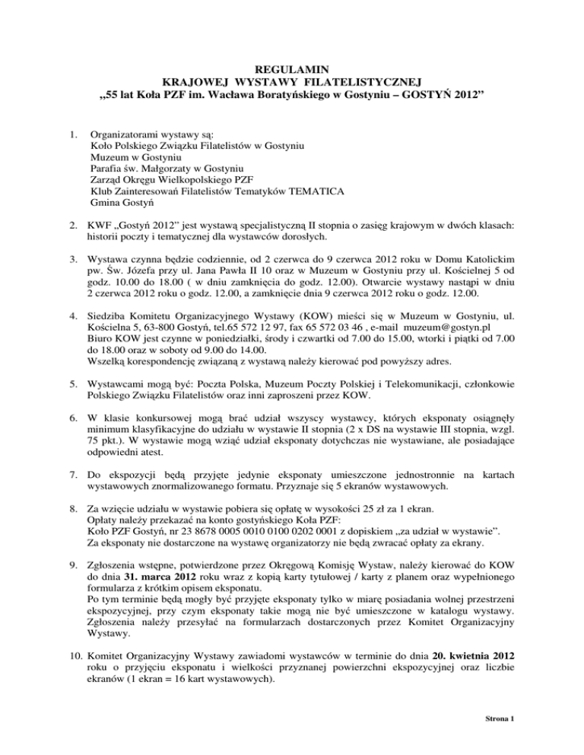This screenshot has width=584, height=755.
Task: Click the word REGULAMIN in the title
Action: point(293,68)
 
